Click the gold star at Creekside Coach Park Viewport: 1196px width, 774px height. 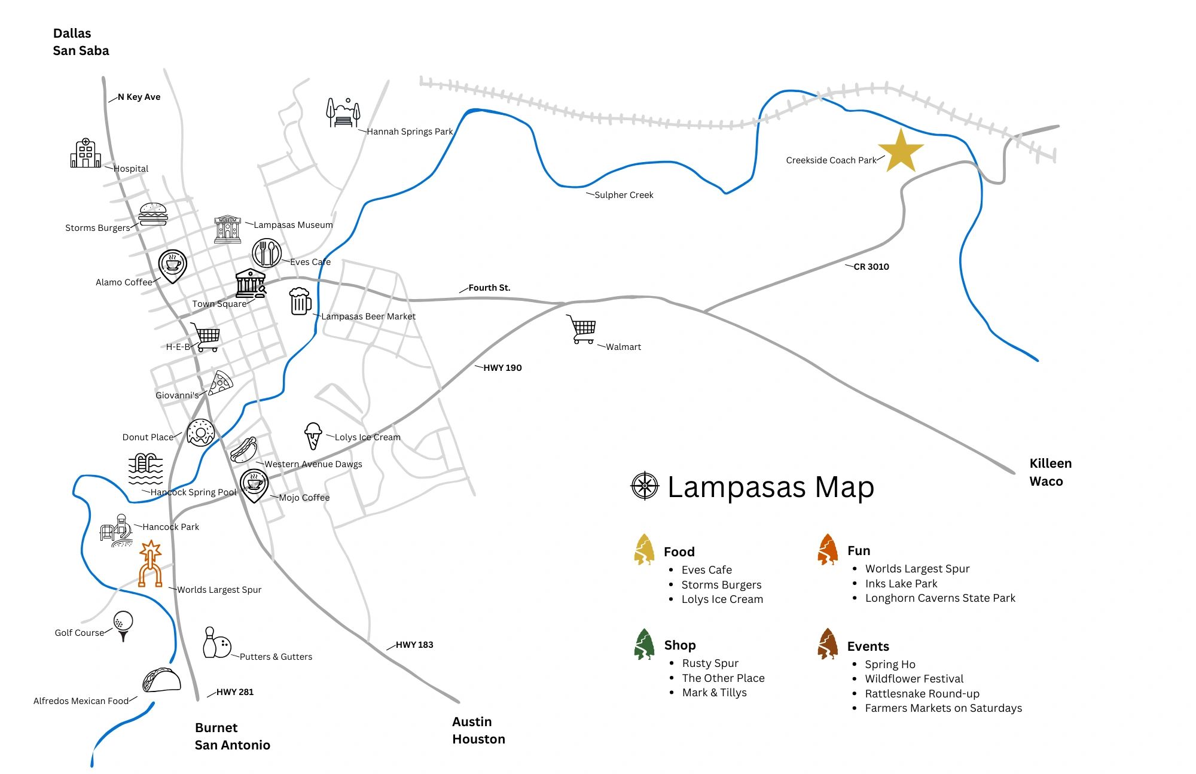coord(901,150)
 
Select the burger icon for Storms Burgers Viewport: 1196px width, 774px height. coord(153,214)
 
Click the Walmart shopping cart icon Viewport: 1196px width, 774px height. coord(582,330)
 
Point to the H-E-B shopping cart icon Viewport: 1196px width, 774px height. coord(206,337)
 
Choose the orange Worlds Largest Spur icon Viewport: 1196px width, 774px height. coord(150,564)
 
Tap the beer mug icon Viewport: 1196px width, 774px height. coord(300,301)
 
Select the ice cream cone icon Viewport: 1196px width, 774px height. coord(313,435)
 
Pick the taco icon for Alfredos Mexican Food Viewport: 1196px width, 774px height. coord(161,680)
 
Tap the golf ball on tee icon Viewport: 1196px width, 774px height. coord(123,626)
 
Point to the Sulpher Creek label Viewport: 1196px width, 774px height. coord(623,195)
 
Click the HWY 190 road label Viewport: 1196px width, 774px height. coord(502,368)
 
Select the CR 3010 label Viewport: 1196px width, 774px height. coord(871,267)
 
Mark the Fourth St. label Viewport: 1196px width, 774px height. coord(489,288)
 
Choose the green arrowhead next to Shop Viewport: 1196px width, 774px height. coord(644,644)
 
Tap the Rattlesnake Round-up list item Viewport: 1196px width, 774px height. coord(922,694)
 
